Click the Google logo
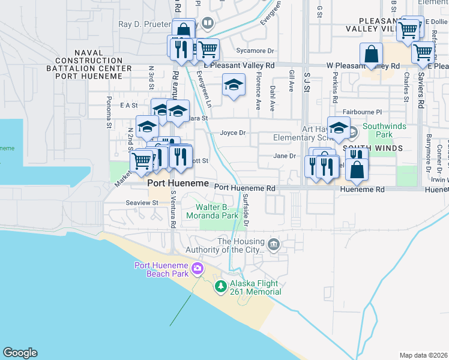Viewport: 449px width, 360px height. [x=20, y=353]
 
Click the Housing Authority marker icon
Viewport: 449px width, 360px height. [x=274, y=244]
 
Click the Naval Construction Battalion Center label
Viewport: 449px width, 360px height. [x=93, y=61]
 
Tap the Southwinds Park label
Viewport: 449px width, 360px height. [x=384, y=130]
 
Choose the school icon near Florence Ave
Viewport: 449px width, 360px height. [x=234, y=85]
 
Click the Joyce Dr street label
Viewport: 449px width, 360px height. [x=233, y=133]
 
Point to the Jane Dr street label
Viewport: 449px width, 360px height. [x=285, y=156]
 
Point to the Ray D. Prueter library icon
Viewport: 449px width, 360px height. [x=207, y=23]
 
